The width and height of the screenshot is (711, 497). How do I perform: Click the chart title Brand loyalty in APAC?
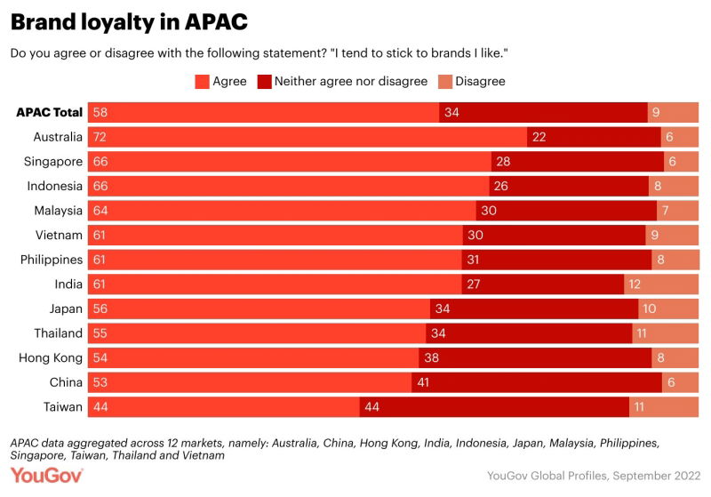click(129, 21)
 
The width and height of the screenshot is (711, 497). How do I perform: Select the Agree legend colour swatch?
click(202, 81)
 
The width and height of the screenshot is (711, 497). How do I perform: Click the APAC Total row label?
click(50, 112)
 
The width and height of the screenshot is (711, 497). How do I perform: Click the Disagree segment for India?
click(660, 285)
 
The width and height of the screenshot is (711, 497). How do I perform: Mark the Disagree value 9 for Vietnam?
click(655, 235)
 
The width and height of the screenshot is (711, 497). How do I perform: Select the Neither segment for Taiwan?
click(494, 406)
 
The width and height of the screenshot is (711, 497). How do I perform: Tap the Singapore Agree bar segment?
click(302, 162)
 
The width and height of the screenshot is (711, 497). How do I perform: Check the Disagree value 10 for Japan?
click(650, 309)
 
